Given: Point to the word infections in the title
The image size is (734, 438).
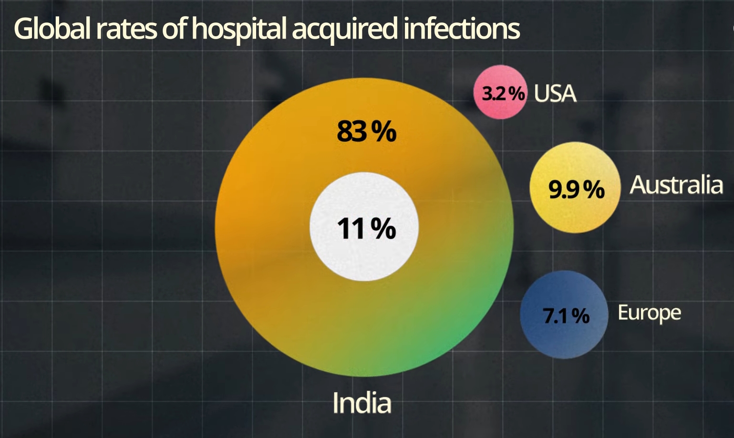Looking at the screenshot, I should point(461,29).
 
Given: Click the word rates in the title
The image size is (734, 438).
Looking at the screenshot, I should point(125,29).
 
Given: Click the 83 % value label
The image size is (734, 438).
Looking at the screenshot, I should point(366,131).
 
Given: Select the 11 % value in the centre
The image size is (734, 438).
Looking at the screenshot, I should point(366,228).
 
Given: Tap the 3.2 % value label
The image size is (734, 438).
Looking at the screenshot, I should point(503,93).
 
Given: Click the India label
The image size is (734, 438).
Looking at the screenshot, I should point(362,403).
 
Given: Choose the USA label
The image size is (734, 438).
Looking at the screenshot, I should point(555,94).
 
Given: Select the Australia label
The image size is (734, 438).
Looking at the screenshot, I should point(676,185).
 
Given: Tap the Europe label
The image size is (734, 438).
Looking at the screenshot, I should point(649,313).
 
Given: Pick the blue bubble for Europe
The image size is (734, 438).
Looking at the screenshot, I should point(564,339).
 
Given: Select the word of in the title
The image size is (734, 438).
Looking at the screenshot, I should point(175,29).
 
